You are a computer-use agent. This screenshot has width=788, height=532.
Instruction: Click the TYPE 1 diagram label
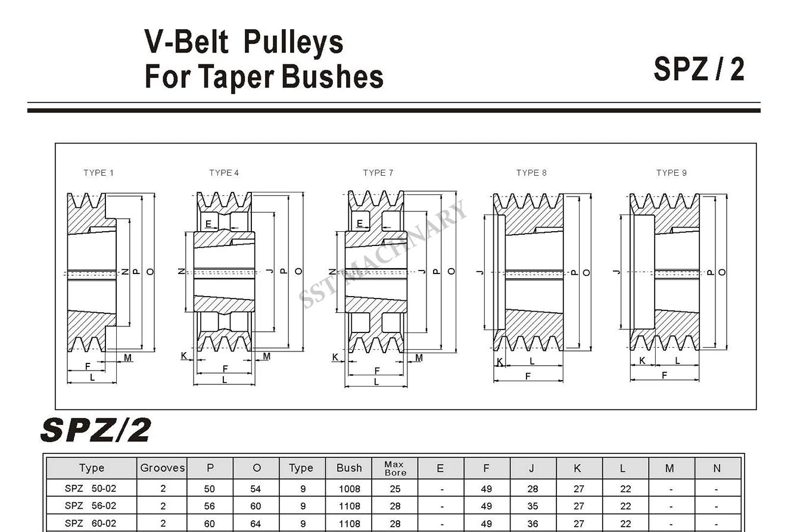point(98,173)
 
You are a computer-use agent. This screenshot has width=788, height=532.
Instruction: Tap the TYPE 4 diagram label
point(224,173)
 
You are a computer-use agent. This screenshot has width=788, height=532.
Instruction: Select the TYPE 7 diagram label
point(378,173)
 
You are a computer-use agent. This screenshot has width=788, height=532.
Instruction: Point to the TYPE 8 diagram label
point(531,173)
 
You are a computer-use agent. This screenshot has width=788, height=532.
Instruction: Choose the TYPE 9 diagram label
point(671,173)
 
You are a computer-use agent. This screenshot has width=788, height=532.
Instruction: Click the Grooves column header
point(163,468)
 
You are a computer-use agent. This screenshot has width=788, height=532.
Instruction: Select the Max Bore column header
point(395,468)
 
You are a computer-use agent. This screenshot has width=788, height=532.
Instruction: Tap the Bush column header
point(349,468)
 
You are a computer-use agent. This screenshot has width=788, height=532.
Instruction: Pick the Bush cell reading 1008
point(349,489)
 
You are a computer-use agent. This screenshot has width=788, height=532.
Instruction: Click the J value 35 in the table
point(532,506)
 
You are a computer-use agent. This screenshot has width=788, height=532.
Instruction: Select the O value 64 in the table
point(256,524)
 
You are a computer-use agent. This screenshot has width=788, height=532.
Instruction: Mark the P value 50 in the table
point(209,489)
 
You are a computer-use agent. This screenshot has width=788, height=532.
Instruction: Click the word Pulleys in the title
point(293,42)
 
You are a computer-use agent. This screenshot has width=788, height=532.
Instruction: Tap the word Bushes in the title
point(332,76)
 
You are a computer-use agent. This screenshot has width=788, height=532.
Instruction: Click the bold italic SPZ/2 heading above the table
point(96,430)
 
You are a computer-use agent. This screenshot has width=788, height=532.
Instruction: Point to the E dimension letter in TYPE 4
point(208,224)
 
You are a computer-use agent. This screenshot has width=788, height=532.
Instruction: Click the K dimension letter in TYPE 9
point(642,360)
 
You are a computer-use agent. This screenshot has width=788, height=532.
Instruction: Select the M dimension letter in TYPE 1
point(127,358)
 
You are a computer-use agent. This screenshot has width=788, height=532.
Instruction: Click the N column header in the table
point(717,468)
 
